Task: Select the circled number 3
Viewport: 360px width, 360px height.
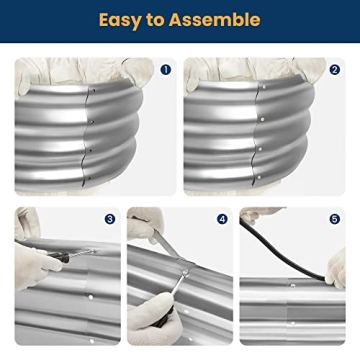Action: pos(109,218)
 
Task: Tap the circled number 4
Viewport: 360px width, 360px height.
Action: pos(221,218)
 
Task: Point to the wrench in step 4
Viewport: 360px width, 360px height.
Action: pos(165,300)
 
